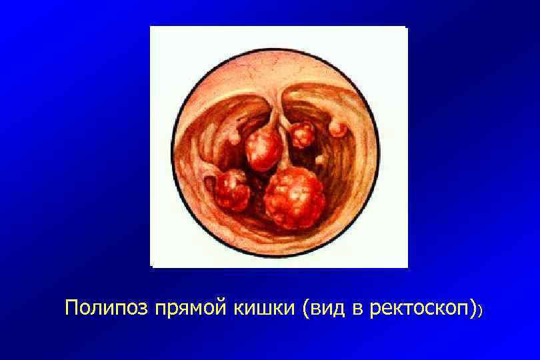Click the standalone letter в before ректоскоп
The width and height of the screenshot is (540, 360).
(x=354, y=309)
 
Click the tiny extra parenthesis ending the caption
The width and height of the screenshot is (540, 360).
(x=480, y=311)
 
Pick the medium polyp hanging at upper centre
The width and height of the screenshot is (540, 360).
(x=264, y=150)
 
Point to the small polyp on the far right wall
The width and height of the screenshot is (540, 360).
(x=339, y=128)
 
